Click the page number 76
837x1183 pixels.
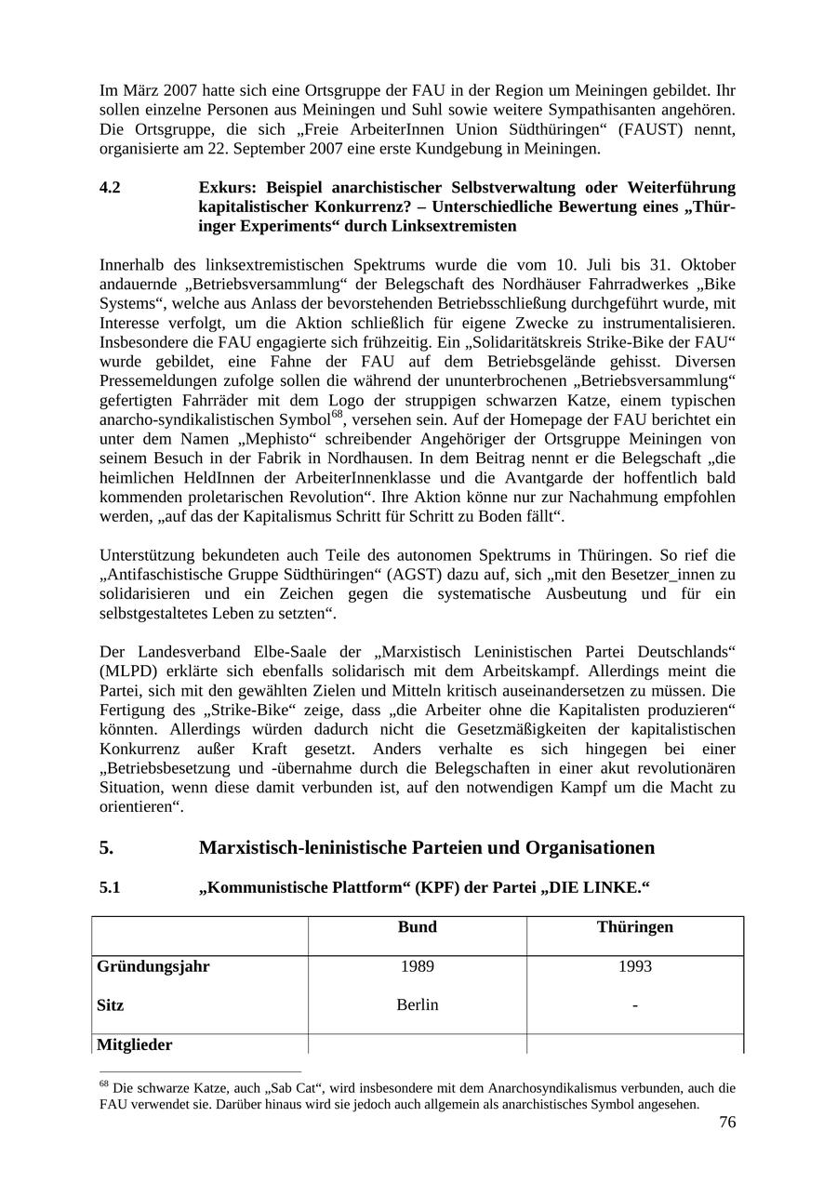pos(726,1123)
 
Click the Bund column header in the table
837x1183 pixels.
pos(417,927)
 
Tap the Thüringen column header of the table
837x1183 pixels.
pos(634,927)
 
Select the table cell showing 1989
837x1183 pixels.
pos(417,966)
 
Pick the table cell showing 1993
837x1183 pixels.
pos(634,966)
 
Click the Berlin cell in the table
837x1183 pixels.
pos(417,1005)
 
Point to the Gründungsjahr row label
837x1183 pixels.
pos(153,966)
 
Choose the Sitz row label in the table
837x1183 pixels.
pos(110,1005)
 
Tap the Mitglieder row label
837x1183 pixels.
pos(134,1045)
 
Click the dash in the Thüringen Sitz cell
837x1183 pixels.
pos(634,1005)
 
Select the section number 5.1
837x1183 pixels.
pos(110,888)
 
